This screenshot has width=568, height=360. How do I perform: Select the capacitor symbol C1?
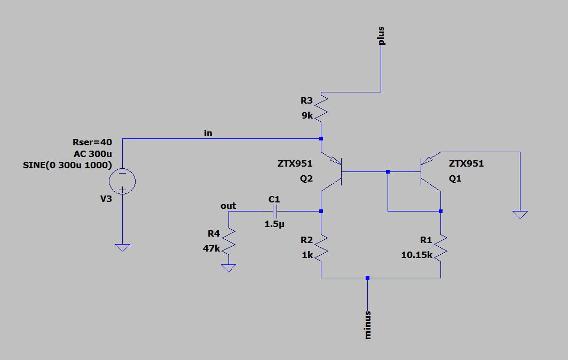tap(274, 211)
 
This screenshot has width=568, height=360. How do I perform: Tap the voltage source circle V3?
tap(122, 181)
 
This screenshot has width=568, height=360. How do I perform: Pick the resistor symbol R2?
tap(321, 248)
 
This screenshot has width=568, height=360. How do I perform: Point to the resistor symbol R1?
tap(440, 248)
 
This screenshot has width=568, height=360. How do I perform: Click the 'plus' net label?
tap(381, 36)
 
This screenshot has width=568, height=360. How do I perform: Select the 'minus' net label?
tap(368, 325)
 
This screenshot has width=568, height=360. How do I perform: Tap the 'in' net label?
tap(208, 133)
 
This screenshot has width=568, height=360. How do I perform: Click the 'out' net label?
tap(228, 206)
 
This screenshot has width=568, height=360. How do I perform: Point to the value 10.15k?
tap(416, 255)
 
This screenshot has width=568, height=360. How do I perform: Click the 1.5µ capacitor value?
tap(274, 224)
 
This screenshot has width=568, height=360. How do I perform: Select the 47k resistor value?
tap(211, 248)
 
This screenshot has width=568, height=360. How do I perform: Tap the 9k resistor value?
tap(307, 115)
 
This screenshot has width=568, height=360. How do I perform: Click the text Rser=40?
tap(92, 142)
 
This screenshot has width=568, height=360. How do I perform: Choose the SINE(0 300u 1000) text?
tap(67, 166)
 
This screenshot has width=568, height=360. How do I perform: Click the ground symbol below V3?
tap(122, 248)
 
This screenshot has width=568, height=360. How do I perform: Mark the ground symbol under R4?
tap(228, 268)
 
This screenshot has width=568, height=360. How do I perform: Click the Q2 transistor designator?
tap(306, 179)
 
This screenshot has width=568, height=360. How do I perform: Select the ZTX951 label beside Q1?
tap(466, 163)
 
